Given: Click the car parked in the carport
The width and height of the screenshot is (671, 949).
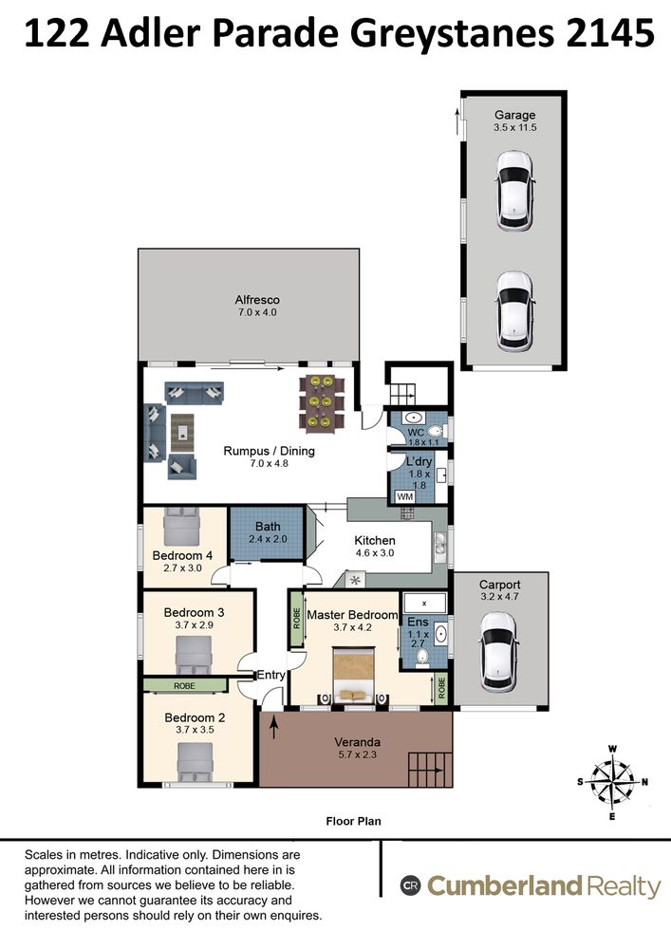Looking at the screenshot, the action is point(498,651).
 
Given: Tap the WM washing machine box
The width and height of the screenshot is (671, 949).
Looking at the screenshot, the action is point(404,497).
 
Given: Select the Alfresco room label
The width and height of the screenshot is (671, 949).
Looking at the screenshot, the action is point(257,300).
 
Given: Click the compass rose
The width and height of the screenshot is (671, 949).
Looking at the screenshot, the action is point(612,781).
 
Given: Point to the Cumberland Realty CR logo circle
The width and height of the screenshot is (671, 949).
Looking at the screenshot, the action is point(410,886).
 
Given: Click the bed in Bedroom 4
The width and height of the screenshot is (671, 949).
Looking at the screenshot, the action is point(181,525).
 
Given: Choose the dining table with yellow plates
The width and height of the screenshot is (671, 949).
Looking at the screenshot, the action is point(321,401).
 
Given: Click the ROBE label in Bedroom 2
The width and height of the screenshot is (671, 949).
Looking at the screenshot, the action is point(184,686).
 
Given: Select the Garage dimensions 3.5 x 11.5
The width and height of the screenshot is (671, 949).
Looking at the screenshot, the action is point(515,128).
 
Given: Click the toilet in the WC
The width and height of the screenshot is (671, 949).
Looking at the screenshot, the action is point(435,432).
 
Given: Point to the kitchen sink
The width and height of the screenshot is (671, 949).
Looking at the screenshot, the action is point(439,544).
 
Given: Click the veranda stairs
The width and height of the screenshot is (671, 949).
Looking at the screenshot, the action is point(430,770).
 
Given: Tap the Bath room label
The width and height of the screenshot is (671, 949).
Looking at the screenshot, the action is point(268,527).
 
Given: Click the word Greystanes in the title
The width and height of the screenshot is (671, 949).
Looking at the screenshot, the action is point(452,34).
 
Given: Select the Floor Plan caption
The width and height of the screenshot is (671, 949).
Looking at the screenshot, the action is point(353,821).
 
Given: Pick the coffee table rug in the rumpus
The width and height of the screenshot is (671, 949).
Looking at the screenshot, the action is point(181,432).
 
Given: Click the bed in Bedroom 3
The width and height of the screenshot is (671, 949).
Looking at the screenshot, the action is point(194,655).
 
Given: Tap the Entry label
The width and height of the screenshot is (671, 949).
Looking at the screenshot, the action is point(271,675).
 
